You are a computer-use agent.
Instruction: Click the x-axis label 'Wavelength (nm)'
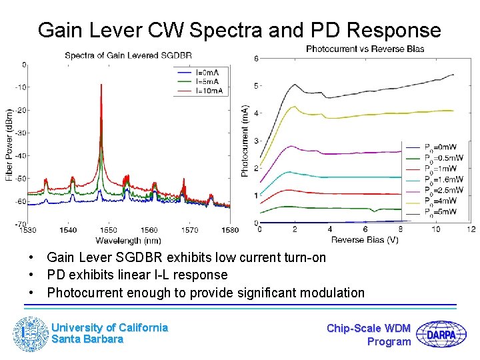(128, 239)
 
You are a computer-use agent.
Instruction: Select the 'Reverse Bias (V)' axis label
(365, 239)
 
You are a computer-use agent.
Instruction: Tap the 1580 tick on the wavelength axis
(230, 231)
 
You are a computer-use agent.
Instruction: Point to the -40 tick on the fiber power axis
(21, 155)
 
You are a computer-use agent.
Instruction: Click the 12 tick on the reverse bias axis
(471, 230)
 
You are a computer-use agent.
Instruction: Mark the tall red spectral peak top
(101, 85)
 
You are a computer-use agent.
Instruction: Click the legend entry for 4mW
(442, 200)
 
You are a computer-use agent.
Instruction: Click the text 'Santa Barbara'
(87, 339)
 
